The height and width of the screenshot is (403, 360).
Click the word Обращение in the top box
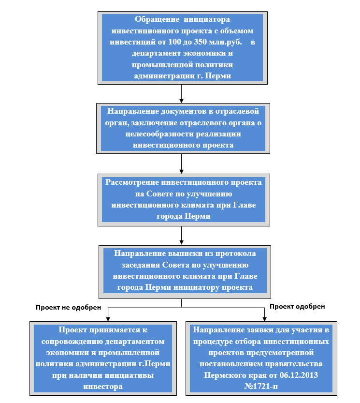click(x=157, y=19)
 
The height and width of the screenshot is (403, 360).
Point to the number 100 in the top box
click(x=174, y=42)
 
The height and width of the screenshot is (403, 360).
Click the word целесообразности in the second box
click(x=160, y=134)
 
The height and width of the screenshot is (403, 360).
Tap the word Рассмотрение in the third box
click(x=132, y=182)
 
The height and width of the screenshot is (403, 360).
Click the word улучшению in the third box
click(x=209, y=194)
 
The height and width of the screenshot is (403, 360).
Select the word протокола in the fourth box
click(x=235, y=254)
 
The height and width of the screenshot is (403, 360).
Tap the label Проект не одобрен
click(x=68, y=307)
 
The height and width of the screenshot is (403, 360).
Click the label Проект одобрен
click(x=297, y=306)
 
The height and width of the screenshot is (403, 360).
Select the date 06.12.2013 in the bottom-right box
click(x=299, y=375)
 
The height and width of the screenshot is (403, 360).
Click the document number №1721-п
click(x=261, y=386)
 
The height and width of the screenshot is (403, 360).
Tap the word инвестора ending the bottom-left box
click(x=103, y=386)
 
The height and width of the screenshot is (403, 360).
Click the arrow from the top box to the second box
click(x=182, y=94)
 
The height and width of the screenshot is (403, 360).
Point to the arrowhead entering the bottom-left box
click(x=108, y=319)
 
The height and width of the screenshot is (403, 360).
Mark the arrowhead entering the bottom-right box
click(x=264, y=319)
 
